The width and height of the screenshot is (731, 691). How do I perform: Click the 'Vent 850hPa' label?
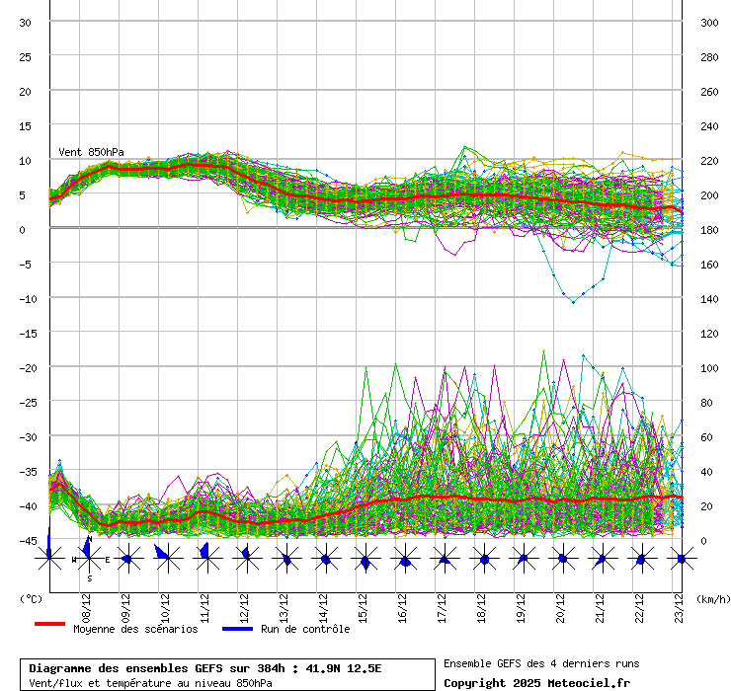coord(91,152)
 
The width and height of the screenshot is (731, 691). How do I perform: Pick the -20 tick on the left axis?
coord(27,367)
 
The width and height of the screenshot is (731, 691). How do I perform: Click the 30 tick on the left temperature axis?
coord(27,22)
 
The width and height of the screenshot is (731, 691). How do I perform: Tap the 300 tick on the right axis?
coord(709,22)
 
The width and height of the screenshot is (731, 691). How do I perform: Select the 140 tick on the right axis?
coord(709,298)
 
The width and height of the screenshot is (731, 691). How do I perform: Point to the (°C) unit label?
coord(31,598)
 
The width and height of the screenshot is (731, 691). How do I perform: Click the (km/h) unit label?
coord(711,598)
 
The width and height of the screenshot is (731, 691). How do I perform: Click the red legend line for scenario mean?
coord(49,624)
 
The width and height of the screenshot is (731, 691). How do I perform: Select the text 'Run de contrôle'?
coord(304,629)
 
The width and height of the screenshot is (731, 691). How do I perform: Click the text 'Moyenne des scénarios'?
coord(135,629)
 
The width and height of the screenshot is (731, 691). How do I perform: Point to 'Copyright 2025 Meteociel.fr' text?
coord(536,682)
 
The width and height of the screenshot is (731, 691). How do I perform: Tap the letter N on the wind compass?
coord(89,540)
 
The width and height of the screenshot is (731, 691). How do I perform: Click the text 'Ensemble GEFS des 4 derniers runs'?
coord(541,663)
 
